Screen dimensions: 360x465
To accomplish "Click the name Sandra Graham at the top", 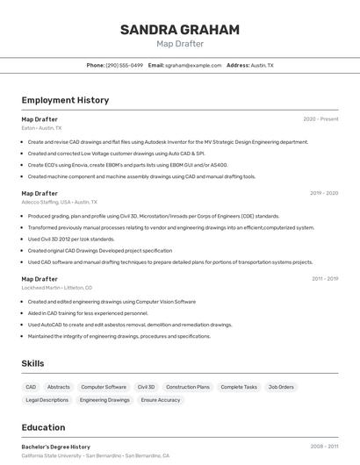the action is point(179,30).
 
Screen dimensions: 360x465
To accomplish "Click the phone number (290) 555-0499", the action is point(124,66).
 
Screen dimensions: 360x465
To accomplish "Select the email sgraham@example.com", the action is point(193,66).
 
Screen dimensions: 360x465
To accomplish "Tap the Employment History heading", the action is point(65,101).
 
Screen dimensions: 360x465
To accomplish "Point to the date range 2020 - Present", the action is point(320,119).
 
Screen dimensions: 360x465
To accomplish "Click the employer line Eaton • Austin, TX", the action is point(41,128).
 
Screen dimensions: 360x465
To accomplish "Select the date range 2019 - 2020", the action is point(323,193).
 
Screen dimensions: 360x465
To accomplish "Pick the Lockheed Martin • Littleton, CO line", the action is point(56,288).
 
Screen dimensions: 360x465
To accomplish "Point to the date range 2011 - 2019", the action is point(324,279).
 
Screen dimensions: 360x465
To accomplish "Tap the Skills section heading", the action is point(32,363).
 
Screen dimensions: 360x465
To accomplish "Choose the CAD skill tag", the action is point(31,387).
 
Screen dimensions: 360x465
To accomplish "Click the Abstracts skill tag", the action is point(59,387).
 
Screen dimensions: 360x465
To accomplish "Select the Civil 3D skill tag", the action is point(146,387).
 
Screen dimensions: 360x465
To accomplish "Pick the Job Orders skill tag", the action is point(281,387).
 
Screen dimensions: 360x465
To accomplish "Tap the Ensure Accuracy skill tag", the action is point(161,400).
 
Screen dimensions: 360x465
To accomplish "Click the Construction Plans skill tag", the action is point(188,387).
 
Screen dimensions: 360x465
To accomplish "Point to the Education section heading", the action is point(43,428).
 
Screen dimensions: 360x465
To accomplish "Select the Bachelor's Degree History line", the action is point(56,447).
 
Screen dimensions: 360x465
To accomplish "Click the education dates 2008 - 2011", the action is point(324,447).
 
